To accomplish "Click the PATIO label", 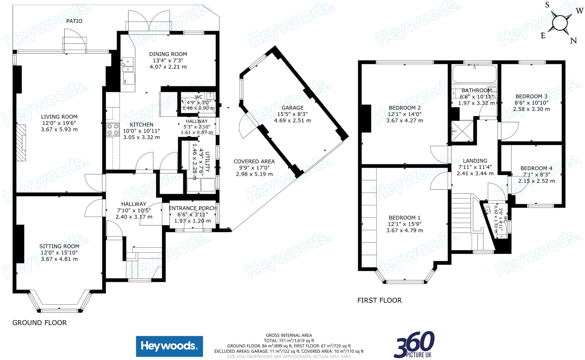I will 74,21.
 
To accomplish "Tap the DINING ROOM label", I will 168,54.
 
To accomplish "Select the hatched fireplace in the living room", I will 21,142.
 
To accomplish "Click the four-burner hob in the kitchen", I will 113,129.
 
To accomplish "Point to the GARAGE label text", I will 292,108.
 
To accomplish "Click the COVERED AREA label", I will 254,161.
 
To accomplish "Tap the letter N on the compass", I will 573,41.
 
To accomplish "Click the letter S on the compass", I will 547,5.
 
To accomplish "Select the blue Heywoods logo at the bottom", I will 169,346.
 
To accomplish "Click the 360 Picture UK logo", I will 414,345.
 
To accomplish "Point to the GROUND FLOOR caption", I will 39,323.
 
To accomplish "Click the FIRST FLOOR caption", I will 379,300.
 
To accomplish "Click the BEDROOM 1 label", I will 404,218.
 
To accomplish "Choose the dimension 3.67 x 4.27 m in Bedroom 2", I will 404,120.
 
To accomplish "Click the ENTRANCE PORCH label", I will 193,208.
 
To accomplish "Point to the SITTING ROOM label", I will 59,246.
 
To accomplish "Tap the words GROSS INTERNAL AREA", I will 289,335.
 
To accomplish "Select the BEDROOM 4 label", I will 536,168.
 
